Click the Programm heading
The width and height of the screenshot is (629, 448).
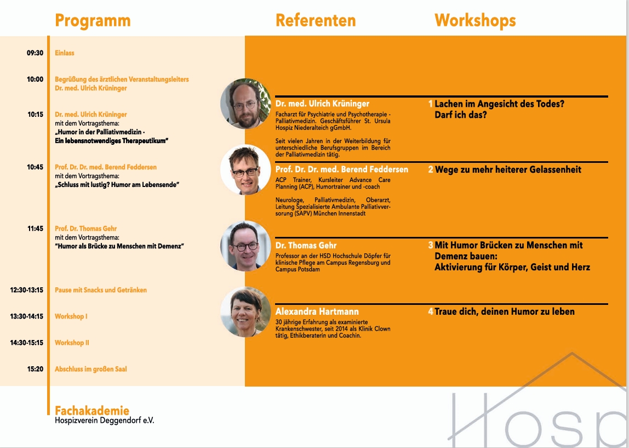(x=93, y=21)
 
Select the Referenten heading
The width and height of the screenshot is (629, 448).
(x=316, y=20)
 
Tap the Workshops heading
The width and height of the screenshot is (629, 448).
(x=476, y=21)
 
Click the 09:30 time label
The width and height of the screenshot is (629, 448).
(x=35, y=53)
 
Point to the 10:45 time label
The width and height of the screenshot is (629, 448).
(x=35, y=167)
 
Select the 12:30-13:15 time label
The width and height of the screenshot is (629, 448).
(x=26, y=290)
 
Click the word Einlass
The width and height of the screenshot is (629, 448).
(x=65, y=53)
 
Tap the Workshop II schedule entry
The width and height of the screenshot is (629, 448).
(x=72, y=343)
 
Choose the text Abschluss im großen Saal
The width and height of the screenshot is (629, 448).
(x=90, y=369)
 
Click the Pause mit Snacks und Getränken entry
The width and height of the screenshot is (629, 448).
(x=101, y=290)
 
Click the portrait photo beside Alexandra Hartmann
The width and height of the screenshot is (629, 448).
(x=245, y=312)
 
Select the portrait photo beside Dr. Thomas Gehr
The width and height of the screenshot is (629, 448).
(x=245, y=246)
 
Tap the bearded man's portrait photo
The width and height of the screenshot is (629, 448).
(x=245, y=104)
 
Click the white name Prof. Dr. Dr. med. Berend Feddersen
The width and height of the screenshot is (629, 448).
(x=342, y=169)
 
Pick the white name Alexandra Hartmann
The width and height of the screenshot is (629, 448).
(x=317, y=311)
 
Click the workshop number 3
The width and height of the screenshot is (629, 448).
(x=431, y=245)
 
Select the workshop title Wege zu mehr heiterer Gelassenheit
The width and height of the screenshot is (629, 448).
(x=508, y=170)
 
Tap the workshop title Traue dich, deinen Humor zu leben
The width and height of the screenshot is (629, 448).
(x=505, y=311)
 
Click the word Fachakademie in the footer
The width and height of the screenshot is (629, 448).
(x=92, y=411)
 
